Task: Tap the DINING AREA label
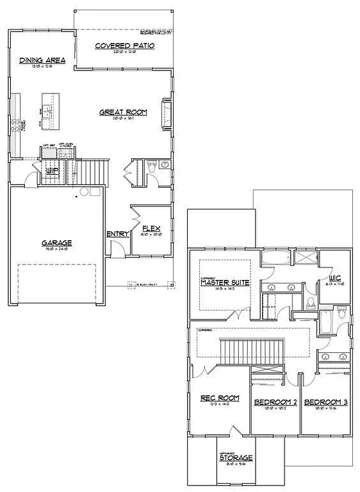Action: click(43, 60)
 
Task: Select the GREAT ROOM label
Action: click(123, 112)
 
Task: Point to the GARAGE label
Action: click(57, 243)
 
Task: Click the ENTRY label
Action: click(118, 234)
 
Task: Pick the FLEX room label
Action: click(151, 229)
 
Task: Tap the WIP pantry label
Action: click(52, 170)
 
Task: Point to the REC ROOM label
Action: click(220, 398)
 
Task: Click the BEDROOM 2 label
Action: click(275, 402)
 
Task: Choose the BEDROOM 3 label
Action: click(325, 402)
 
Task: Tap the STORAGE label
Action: click(236, 458)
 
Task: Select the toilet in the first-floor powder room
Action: click(152, 166)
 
